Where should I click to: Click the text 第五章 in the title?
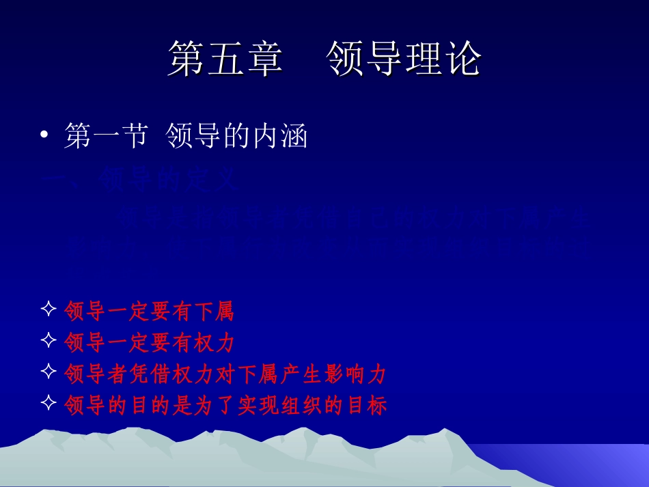tap(225, 59)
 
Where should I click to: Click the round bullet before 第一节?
tap(44, 137)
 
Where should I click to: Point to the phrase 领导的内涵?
tap(237, 136)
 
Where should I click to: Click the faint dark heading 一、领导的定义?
tap(140, 180)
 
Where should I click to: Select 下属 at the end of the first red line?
tap(214, 311)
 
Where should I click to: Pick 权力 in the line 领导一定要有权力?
tap(214, 342)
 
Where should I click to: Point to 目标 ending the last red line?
tap(367, 406)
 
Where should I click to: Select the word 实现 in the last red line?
tap(258, 406)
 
